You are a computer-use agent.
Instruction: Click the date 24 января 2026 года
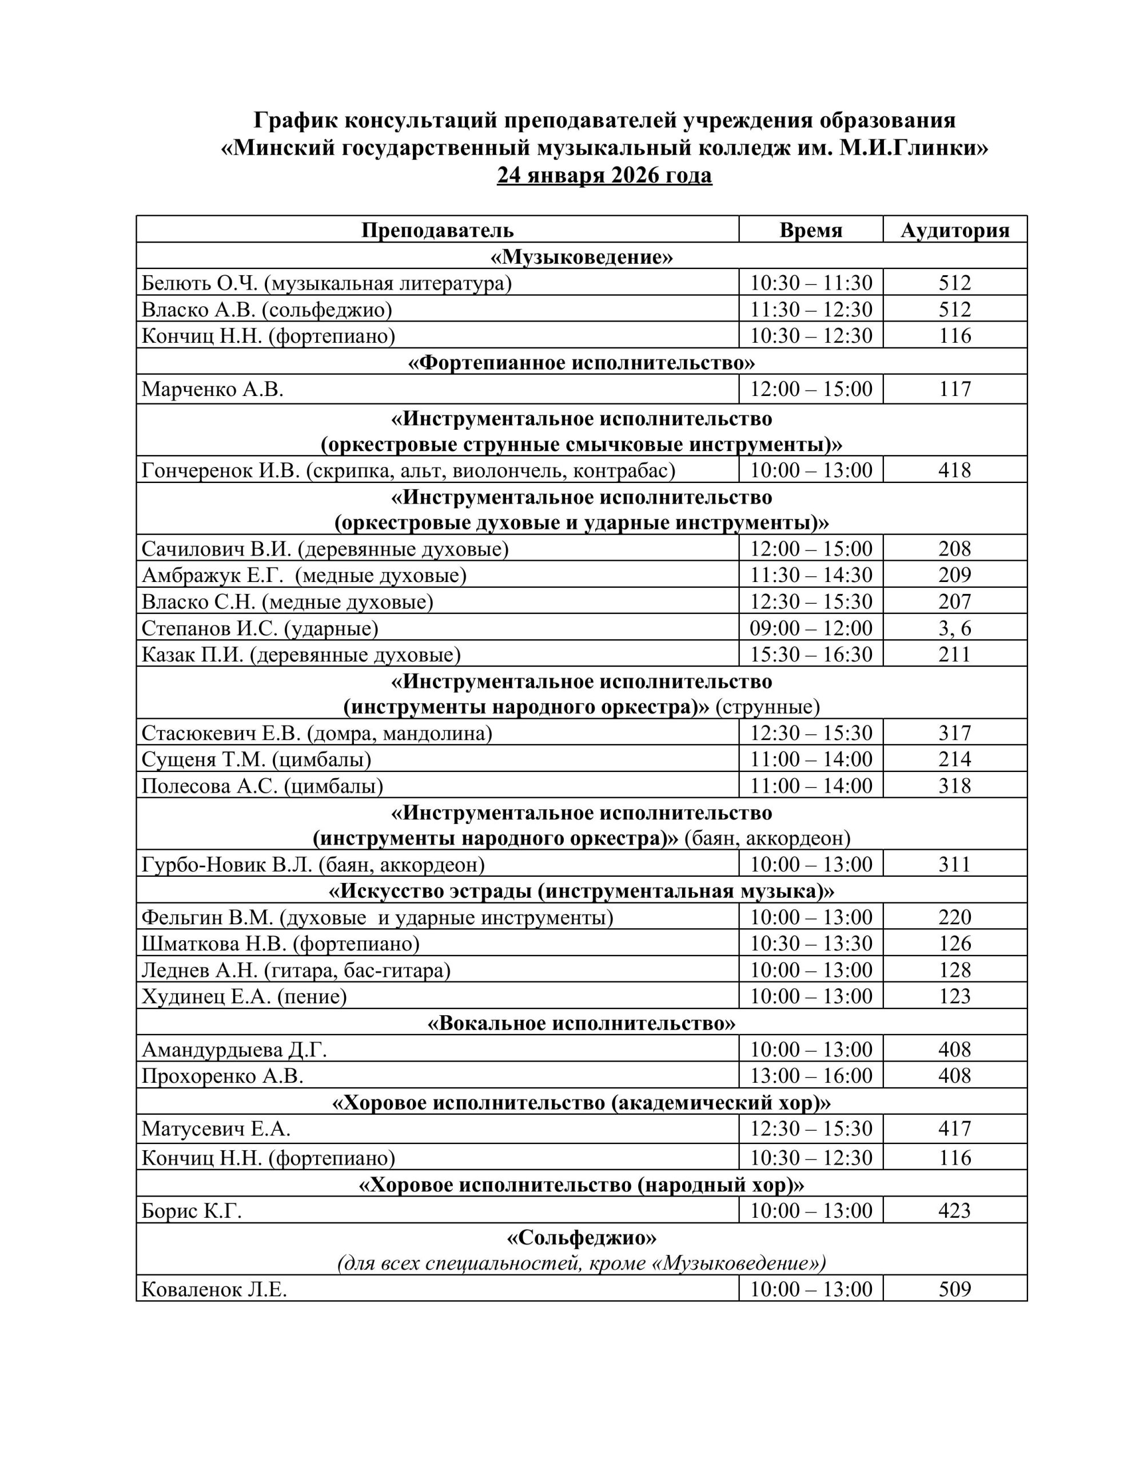(x=604, y=176)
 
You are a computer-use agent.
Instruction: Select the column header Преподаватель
(x=437, y=230)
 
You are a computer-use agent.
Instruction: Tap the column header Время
(x=811, y=230)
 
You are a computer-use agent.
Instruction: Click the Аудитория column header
(x=955, y=230)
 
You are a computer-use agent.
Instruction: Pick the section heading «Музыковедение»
(x=582, y=256)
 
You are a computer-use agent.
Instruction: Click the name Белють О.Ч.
(x=200, y=283)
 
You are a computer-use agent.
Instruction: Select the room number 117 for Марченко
(x=955, y=389)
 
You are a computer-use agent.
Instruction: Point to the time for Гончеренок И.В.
(x=811, y=470)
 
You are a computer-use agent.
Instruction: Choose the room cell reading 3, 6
(x=955, y=628)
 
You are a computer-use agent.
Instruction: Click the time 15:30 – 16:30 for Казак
(x=811, y=655)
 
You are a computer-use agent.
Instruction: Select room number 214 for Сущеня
(x=955, y=759)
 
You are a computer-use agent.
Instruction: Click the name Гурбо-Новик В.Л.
(x=226, y=865)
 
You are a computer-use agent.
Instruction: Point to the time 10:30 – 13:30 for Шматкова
(x=811, y=944)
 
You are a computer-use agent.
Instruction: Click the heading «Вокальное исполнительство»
(x=582, y=1023)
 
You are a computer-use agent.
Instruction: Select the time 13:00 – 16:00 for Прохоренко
(x=811, y=1076)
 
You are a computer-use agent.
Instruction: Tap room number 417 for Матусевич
(x=955, y=1129)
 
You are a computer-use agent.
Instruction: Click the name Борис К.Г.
(x=192, y=1211)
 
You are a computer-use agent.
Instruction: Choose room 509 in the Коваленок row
(x=955, y=1289)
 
